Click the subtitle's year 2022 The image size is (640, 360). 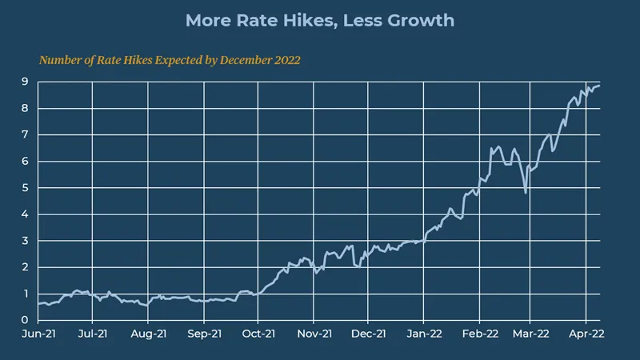tap(285, 60)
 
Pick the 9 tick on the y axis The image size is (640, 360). tap(26, 82)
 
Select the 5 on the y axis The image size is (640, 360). tap(26, 188)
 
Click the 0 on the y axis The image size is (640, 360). tap(26, 321)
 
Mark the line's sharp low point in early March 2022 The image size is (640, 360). tap(526, 192)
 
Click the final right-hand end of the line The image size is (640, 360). tap(600, 86)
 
